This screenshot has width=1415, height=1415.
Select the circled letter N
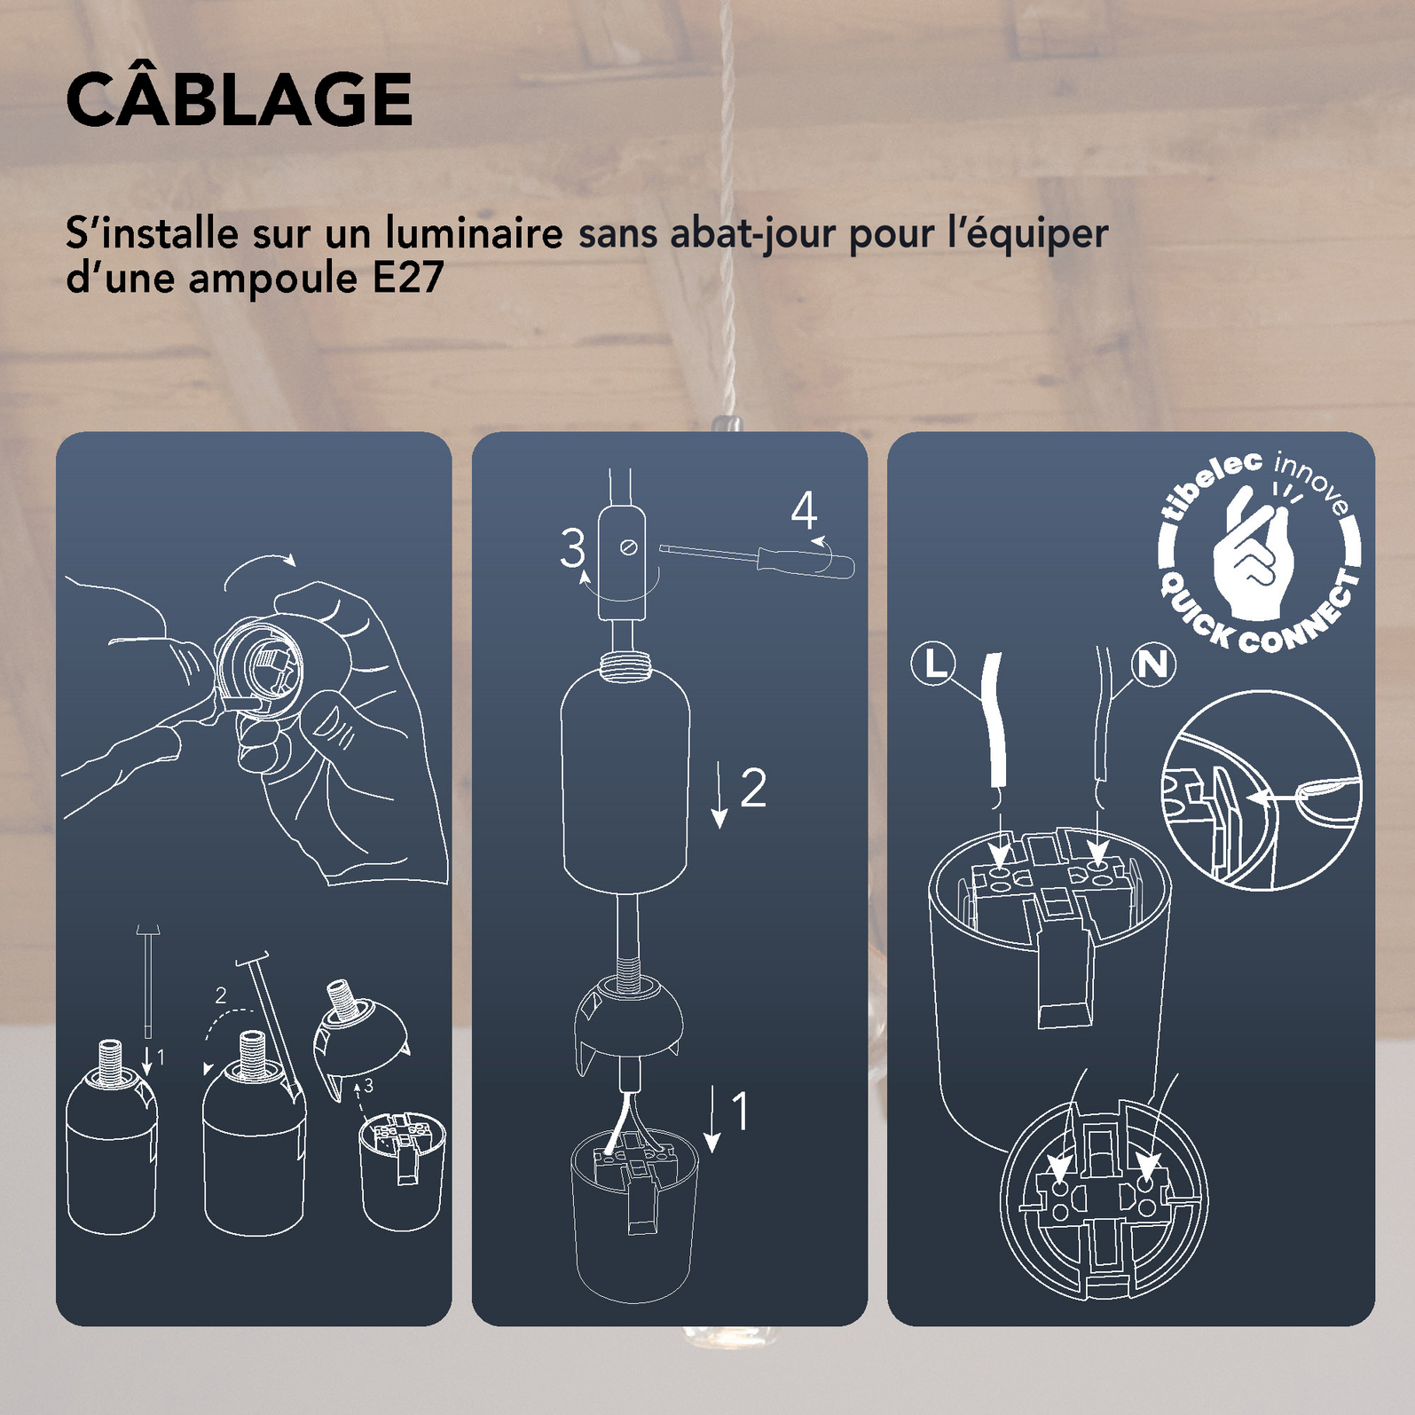click(1153, 664)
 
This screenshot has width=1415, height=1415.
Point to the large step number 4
click(804, 510)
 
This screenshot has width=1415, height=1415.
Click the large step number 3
click(573, 548)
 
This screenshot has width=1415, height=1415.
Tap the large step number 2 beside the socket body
click(753, 787)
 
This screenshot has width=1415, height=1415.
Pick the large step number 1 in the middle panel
click(740, 1112)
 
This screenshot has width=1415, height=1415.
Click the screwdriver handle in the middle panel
click(806, 562)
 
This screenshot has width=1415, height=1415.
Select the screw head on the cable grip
click(629, 547)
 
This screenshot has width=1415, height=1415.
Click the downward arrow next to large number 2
click(719, 795)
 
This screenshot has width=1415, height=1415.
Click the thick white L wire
click(997, 720)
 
